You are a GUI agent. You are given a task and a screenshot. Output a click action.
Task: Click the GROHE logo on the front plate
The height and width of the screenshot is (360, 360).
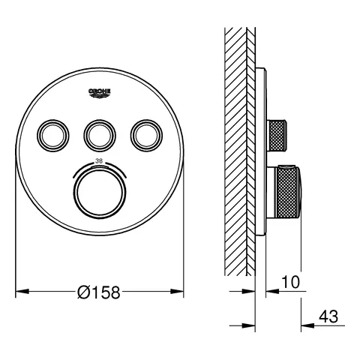(100, 92)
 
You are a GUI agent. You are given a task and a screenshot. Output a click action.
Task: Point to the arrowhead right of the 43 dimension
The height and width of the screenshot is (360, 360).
(307, 324)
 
